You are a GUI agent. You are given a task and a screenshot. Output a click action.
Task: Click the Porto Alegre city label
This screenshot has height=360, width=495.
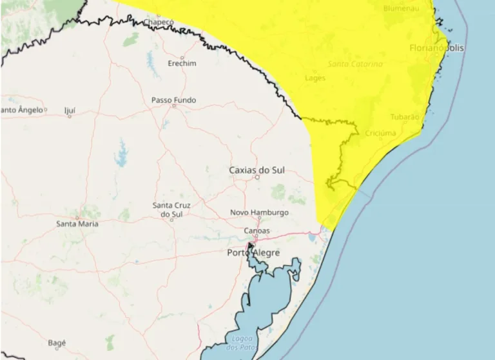[253, 253]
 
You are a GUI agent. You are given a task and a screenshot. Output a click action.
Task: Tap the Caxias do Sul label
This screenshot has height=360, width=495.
[257, 170]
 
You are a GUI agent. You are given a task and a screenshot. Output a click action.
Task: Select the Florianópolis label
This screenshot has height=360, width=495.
[436, 48]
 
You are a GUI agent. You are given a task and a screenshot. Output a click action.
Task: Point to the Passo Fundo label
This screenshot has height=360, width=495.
[173, 100]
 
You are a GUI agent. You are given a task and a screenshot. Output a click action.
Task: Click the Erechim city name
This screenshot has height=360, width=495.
[182, 64]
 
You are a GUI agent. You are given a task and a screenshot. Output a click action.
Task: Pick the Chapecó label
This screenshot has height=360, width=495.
[158, 22]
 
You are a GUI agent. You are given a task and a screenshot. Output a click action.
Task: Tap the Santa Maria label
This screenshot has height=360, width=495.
[77, 224]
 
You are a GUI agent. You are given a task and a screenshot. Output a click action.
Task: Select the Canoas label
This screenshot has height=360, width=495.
[257, 230]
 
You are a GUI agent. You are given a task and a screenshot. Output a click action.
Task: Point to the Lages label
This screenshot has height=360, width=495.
[315, 78]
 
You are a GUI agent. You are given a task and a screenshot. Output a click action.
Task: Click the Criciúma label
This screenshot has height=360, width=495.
[380, 134]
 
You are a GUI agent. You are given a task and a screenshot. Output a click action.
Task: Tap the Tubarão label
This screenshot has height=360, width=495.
[405, 117]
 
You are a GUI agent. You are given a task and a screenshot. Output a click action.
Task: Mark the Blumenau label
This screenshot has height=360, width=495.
[401, 8]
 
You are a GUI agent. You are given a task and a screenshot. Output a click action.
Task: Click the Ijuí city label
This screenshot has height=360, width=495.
[70, 110]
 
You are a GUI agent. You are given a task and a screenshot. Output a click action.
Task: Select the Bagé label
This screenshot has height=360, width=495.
[56, 343]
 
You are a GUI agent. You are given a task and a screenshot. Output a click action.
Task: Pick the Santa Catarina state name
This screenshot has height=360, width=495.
[355, 65]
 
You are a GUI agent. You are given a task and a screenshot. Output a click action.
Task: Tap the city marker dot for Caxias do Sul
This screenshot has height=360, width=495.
[257, 177]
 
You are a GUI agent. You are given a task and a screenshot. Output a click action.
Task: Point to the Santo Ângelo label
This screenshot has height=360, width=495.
[23, 110]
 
